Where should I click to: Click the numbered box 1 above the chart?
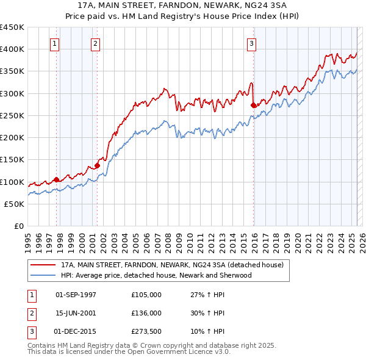[x=55, y=43]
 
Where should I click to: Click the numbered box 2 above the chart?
[x=96, y=43]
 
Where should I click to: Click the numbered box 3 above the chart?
[x=252, y=43]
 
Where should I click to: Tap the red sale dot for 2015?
[x=254, y=105]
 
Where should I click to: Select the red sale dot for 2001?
[x=97, y=165]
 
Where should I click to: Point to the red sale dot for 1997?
[x=56, y=179]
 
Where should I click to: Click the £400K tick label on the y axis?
[x=12, y=49]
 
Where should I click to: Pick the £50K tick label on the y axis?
[x=15, y=204]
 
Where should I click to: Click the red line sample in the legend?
[x=43, y=265]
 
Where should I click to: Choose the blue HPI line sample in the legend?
[x=43, y=275]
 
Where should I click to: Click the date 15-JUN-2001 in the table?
[x=76, y=313]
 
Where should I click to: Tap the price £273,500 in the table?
[x=146, y=331]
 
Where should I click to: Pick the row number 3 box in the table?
[x=31, y=331]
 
